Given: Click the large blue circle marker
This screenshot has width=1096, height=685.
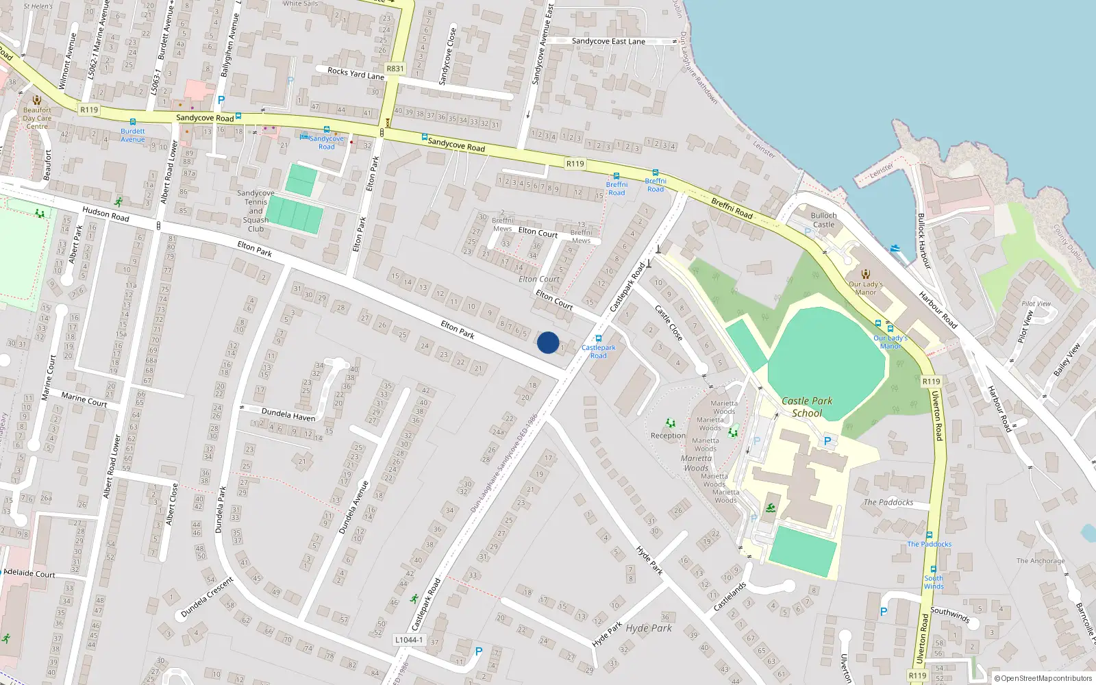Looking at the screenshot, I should click(548, 342).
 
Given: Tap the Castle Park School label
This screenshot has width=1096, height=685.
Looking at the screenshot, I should click(807, 407).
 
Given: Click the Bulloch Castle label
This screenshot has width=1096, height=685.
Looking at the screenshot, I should click(823, 220).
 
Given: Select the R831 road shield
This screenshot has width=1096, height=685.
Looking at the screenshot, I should click(395, 68).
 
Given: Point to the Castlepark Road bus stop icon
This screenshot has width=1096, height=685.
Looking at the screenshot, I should click(599, 338).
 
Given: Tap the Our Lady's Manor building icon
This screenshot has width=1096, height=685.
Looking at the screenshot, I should click(866, 274).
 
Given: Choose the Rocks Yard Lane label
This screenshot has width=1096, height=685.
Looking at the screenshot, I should click(356, 74).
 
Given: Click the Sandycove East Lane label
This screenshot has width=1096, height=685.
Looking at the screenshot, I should click(608, 41).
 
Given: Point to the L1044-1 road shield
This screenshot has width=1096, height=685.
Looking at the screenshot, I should click(409, 640).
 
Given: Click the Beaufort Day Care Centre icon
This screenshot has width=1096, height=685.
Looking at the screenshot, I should click(37, 100).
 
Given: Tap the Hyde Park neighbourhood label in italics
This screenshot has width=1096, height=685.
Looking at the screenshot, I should click(649, 627).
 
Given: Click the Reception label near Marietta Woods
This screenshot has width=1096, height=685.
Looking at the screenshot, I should click(668, 436).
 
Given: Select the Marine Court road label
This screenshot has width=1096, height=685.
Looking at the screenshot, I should click(84, 399).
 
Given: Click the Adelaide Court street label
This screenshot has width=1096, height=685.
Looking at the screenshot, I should click(29, 573).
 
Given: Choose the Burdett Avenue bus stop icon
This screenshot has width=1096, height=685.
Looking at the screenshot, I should click(133, 122).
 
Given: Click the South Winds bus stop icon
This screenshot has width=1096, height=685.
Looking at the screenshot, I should click(933, 569).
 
